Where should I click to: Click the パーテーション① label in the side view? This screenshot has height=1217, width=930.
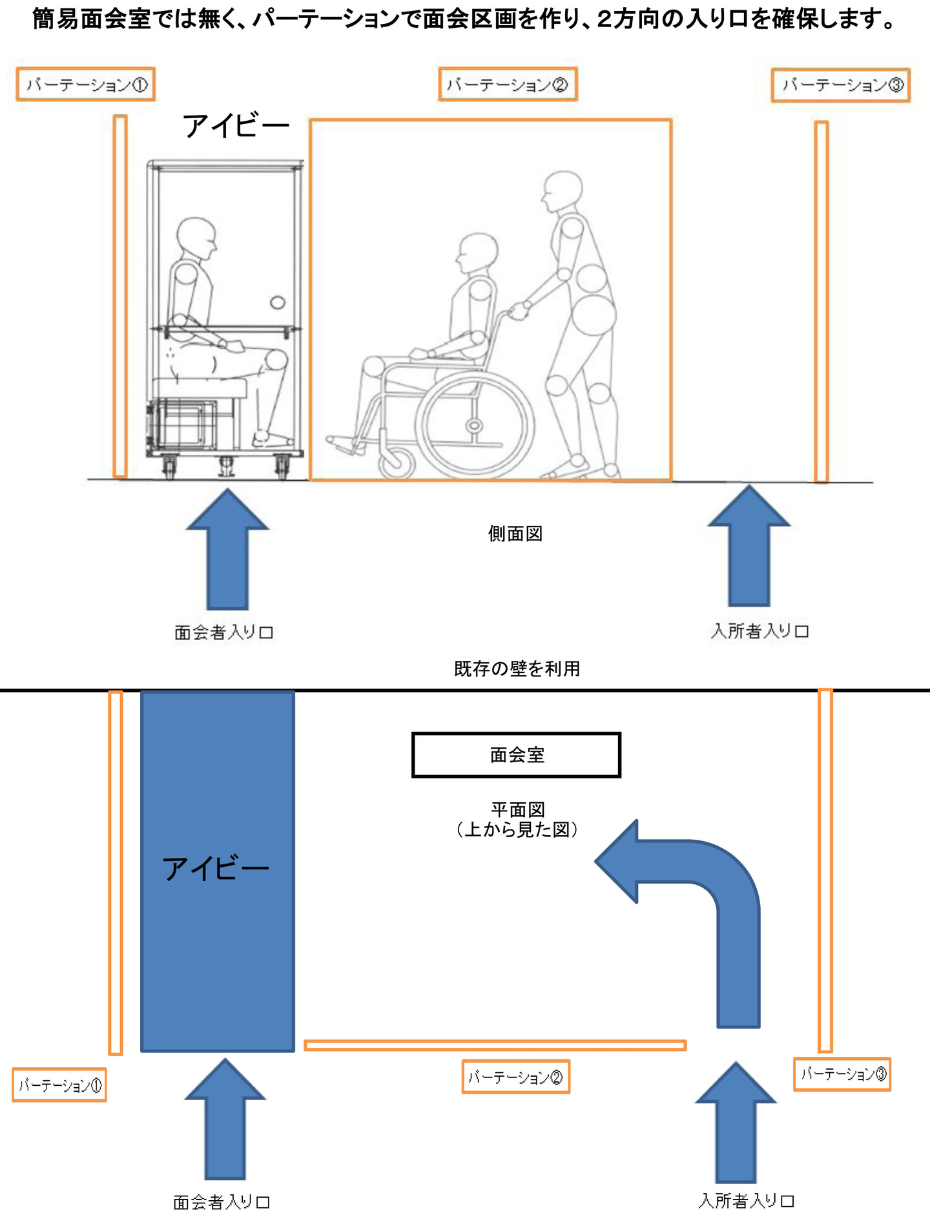coord(86,85)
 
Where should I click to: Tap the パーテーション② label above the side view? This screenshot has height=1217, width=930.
coord(508,85)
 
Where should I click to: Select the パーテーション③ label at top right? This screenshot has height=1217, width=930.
coord(841,85)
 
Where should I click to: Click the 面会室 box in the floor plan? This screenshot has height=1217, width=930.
coord(516,754)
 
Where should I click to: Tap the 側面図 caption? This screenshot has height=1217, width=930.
coord(515,534)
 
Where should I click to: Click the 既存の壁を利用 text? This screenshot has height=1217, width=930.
coord(517,669)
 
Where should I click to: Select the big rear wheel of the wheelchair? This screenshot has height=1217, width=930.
coord(475,426)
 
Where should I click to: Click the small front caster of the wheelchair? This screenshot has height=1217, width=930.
coord(397,462)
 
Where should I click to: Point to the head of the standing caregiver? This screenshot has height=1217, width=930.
coord(563,191)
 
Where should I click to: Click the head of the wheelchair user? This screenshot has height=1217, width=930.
coord(478,253)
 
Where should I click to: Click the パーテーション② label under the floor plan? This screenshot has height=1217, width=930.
coord(515,1077)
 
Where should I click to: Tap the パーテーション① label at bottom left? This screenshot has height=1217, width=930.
coord(59,1085)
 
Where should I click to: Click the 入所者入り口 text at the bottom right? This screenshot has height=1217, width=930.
coord(746,1201)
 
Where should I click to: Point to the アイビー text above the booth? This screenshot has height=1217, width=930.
coord(236,126)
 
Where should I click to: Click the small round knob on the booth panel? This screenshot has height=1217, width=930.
coord(278,302)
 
